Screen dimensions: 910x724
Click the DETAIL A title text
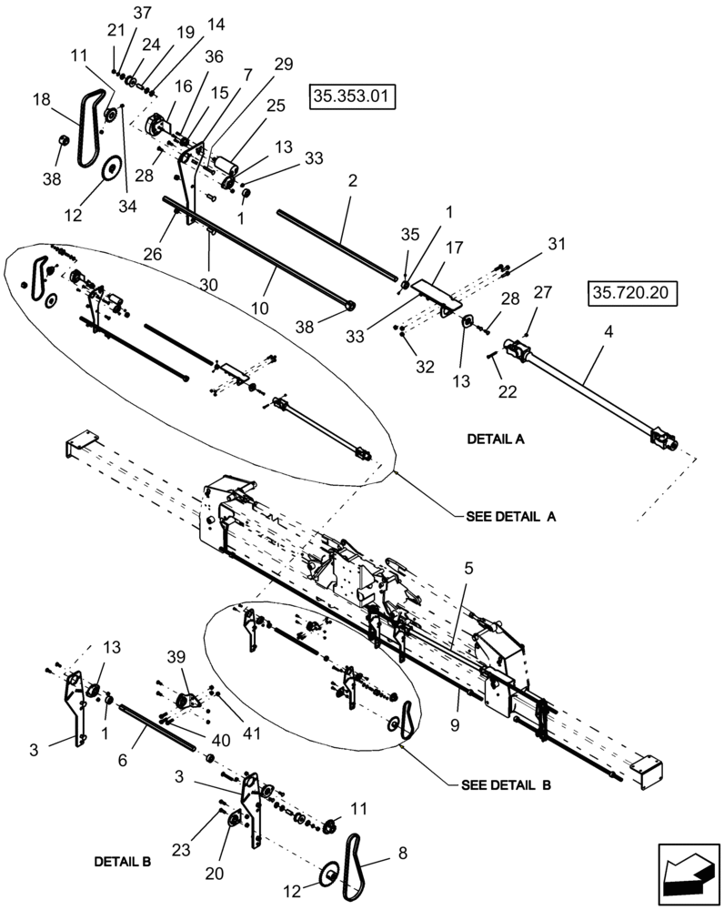click(496, 438)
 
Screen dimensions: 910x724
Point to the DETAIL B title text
click(122, 860)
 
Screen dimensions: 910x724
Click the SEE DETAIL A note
click(510, 515)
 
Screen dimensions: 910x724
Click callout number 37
click(143, 13)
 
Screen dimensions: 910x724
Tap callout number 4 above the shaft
click(608, 333)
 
